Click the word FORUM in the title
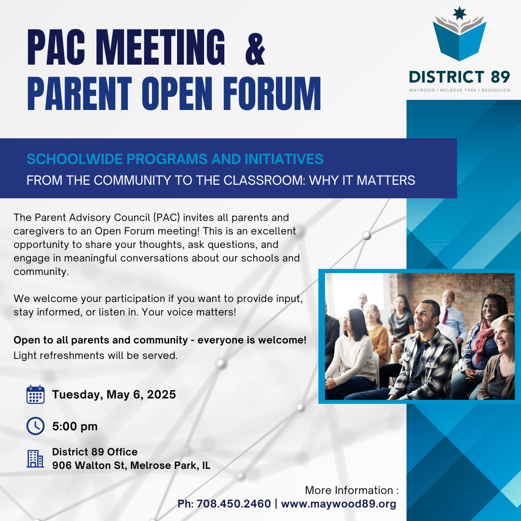(x=272, y=94)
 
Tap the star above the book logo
(x=460, y=13)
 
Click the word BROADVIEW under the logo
(x=496, y=90)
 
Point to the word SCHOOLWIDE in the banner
(x=75, y=159)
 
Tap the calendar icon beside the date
(x=36, y=395)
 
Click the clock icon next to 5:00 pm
(x=36, y=426)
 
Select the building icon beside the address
(x=35, y=459)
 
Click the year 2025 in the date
(x=161, y=395)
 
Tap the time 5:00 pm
(x=75, y=426)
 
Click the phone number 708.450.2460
(x=233, y=504)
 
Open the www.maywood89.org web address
(x=339, y=504)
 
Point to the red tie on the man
(x=445, y=316)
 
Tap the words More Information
(x=349, y=491)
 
